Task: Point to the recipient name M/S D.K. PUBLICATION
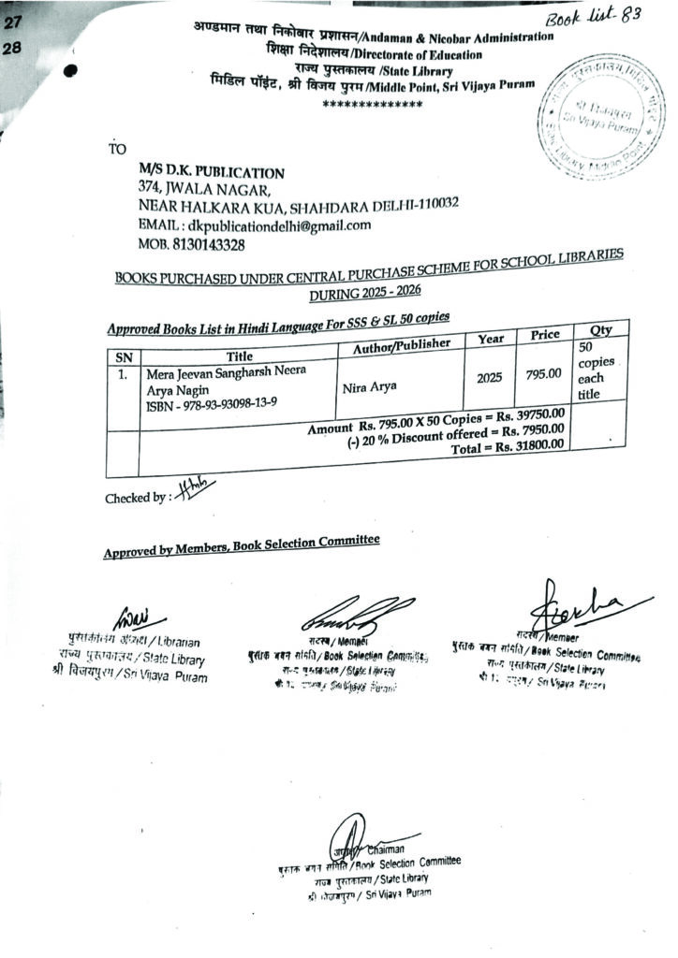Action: tap(211, 173)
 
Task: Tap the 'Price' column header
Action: tap(544, 334)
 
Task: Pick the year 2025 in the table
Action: tap(489, 377)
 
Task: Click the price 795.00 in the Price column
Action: tap(543, 374)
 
